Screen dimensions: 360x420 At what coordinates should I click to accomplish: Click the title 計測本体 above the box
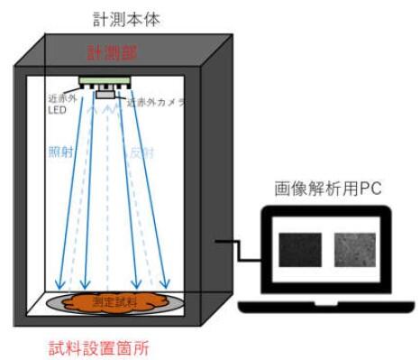click(126, 18)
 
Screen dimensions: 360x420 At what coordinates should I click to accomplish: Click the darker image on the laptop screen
click(298, 247)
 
